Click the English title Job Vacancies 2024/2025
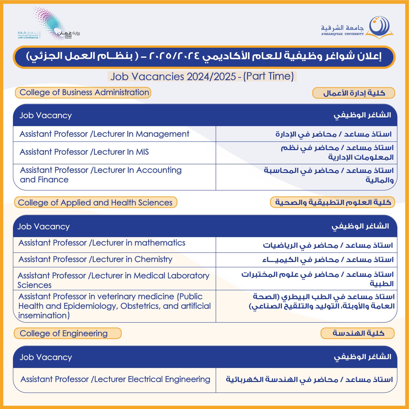202,76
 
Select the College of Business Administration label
83,93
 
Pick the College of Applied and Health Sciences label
96,203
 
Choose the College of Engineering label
68,333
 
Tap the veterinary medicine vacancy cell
114,306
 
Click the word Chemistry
153,259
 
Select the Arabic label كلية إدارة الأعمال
354,93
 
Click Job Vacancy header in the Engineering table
46,357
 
